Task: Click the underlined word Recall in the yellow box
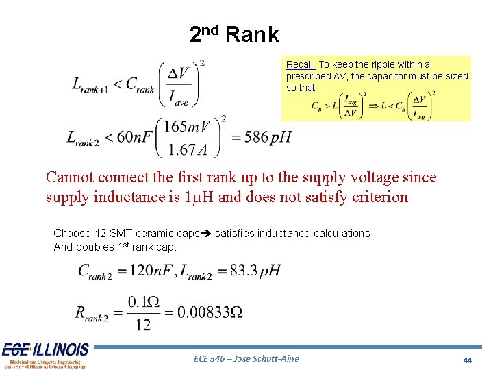click(x=300, y=65)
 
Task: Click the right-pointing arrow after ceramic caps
click(x=207, y=234)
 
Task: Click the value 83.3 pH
click(x=255, y=270)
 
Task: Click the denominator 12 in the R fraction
click(x=142, y=325)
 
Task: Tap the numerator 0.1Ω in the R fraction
click(x=142, y=301)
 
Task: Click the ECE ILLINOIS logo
click(x=45, y=355)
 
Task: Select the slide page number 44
click(x=468, y=360)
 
